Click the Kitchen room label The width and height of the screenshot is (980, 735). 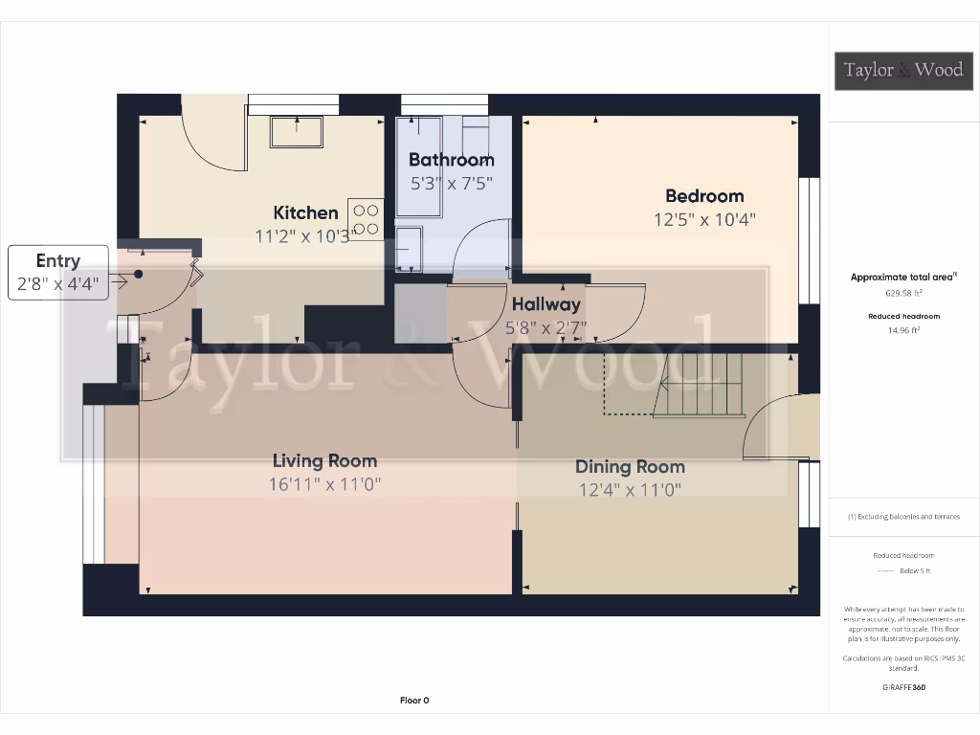click(x=305, y=212)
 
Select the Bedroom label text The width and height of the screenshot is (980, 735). click(x=704, y=196)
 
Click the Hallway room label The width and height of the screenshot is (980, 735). click(x=546, y=304)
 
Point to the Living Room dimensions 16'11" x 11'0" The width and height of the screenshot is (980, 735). click(x=325, y=484)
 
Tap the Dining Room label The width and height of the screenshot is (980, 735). click(x=630, y=467)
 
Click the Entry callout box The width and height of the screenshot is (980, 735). click(x=58, y=273)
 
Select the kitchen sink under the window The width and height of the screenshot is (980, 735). click(x=296, y=131)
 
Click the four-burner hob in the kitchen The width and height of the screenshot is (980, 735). click(x=366, y=219)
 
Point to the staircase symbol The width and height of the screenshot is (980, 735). click(x=699, y=385)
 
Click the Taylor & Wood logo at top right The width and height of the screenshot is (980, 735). click(x=903, y=70)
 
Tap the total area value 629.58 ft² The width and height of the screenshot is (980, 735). click(x=903, y=295)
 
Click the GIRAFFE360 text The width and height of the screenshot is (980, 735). click(x=903, y=687)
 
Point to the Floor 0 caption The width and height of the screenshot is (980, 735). click(x=414, y=701)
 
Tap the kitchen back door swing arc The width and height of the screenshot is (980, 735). click(x=209, y=144)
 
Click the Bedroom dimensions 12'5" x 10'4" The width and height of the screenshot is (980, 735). click(x=704, y=219)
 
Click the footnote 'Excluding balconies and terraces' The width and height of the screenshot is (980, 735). click(x=903, y=517)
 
